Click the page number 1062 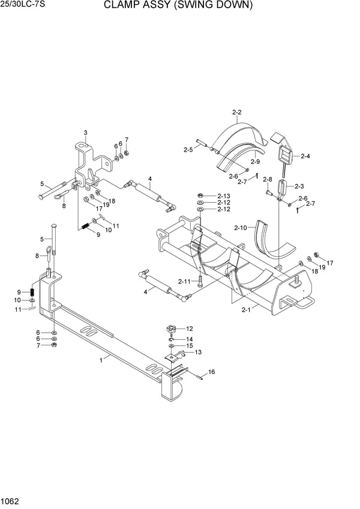[10, 501]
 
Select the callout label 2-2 [237, 112]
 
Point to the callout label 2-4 [305, 156]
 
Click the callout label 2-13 [224, 195]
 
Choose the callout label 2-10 [241, 228]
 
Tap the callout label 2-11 [184, 281]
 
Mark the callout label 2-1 [246, 310]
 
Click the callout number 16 [212, 372]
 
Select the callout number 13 [198, 352]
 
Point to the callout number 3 [85, 132]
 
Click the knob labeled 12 [170, 330]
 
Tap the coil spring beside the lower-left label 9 [32, 291]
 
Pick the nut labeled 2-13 [200, 195]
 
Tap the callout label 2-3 [299, 186]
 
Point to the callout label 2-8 [268, 179]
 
